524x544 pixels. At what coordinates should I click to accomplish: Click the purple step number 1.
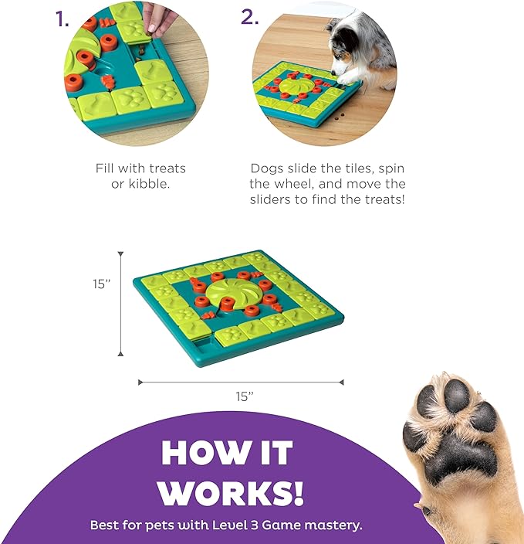pyautogui.click(x=62, y=19)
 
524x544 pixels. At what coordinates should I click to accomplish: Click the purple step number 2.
pyautogui.click(x=250, y=17)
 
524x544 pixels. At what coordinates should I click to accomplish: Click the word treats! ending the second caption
pyautogui.click(x=385, y=199)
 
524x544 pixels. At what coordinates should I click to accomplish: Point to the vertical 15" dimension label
pyautogui.click(x=101, y=284)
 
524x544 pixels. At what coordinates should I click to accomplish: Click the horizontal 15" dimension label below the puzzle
pyautogui.click(x=245, y=396)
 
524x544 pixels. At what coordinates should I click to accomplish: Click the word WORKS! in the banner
pyautogui.click(x=231, y=492)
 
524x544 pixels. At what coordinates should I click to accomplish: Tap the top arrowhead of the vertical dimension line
pyautogui.click(x=120, y=254)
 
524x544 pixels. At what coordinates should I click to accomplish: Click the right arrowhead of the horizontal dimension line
pyautogui.click(x=341, y=382)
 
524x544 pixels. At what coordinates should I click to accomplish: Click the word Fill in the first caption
pyautogui.click(x=105, y=168)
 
